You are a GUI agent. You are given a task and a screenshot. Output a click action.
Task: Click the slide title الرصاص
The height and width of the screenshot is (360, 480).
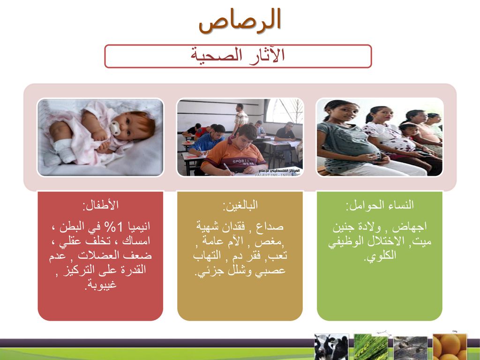[x=240, y=20]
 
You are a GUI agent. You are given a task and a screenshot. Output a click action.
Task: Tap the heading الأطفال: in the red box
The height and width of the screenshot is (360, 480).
[x=100, y=205]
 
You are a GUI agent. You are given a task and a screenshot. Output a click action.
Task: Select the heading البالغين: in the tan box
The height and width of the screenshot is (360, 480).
[x=240, y=205]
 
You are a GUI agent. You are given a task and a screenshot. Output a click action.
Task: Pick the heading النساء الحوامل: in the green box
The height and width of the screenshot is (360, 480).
[x=380, y=205]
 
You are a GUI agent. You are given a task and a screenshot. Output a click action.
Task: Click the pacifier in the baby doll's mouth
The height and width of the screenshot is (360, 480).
[x=115, y=128]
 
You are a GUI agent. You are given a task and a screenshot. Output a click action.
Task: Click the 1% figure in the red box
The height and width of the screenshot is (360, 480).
[x=113, y=227]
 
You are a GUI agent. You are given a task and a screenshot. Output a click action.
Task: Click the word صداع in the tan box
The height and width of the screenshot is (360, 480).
[x=270, y=227]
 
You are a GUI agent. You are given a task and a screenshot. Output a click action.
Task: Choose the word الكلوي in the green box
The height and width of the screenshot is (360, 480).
[x=380, y=255]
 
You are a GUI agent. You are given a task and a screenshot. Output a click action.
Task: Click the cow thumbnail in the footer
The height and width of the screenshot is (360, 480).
[x=331, y=347]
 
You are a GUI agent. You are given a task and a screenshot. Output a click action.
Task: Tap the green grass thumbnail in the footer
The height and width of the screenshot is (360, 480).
[x=371, y=347]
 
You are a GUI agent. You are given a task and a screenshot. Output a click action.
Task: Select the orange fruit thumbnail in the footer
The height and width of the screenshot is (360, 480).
[x=450, y=347]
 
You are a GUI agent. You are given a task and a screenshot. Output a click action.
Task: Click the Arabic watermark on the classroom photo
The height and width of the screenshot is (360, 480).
[x=279, y=170]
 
